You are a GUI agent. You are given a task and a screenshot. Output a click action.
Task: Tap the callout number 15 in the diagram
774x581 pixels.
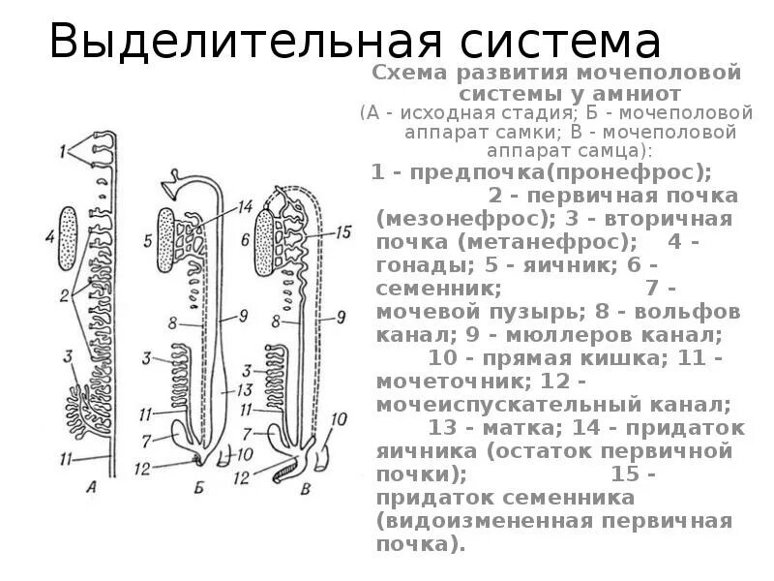pyautogui.click(x=342, y=232)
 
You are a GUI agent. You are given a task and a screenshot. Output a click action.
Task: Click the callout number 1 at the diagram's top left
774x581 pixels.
pyautogui.click(x=62, y=150)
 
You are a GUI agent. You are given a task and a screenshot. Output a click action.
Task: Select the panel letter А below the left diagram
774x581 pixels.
pyautogui.click(x=93, y=488)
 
